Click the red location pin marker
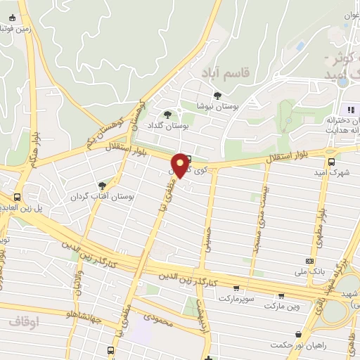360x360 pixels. pyautogui.click(x=182, y=165)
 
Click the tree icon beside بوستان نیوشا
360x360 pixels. pyautogui.click(x=217, y=96)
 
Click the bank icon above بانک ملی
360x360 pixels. pyautogui.click(x=310, y=259)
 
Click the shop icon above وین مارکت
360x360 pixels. pyautogui.click(x=281, y=295)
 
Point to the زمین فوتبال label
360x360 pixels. pyautogui.click(x=17, y=28)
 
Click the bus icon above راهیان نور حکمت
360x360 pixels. pyautogui.click(x=300, y=333)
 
